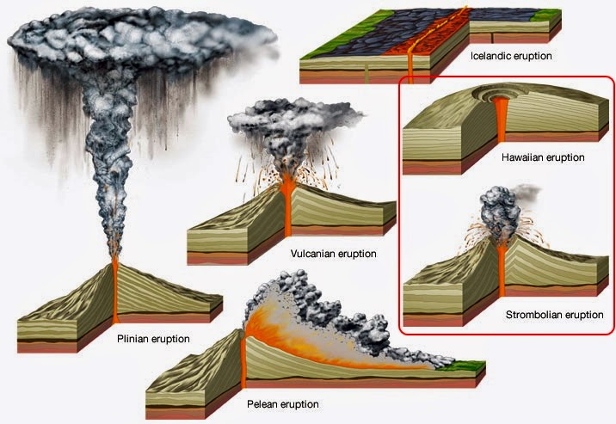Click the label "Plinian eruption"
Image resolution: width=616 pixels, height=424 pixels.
tap(152, 339)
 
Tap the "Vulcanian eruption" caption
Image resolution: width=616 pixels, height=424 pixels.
tap(334, 254)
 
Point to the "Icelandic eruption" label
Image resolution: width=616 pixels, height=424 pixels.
tap(511, 56)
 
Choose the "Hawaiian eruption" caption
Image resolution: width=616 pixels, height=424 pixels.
tap(543, 158)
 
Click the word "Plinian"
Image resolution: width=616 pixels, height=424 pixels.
tap(133, 339)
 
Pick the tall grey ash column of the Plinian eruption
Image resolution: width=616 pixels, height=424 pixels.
tap(113, 155)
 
